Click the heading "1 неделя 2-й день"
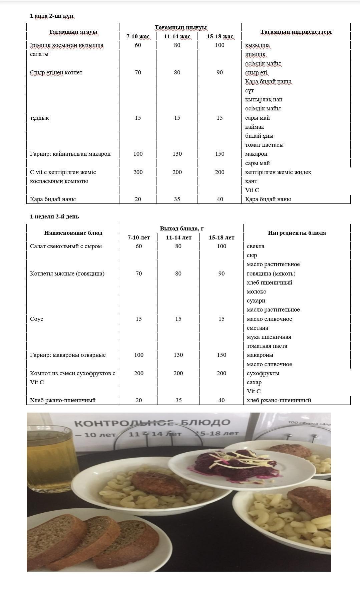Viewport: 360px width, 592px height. (54, 216)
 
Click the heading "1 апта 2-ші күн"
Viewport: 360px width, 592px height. (51, 16)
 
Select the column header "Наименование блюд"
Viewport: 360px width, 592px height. (73, 233)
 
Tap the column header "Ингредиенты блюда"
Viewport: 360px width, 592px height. (297, 233)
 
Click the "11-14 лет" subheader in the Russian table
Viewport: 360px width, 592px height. (178, 237)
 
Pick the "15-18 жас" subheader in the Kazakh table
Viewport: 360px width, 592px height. (220, 36)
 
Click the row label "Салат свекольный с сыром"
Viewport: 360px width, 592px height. (66, 246)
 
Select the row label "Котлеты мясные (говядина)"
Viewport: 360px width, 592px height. (67, 273)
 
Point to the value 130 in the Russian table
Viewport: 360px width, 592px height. (178, 355)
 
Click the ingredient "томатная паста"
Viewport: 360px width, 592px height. (267, 346)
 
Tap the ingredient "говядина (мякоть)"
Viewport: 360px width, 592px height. (271, 273)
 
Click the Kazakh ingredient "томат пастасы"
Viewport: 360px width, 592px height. (264, 145)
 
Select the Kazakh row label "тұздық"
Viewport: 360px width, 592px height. (39, 118)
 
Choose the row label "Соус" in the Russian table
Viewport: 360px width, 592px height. (36, 319)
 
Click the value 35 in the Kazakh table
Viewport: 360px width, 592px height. (177, 199)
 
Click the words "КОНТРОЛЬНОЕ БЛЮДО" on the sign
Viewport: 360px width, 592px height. (152, 423)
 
